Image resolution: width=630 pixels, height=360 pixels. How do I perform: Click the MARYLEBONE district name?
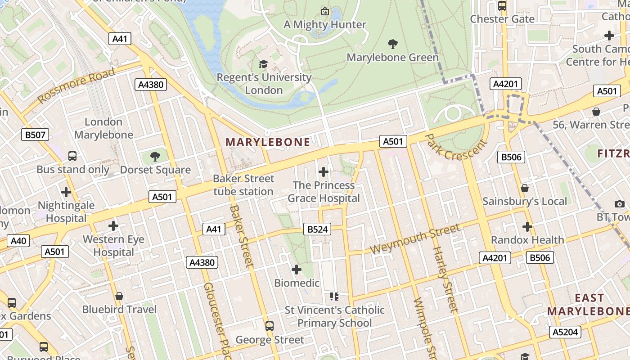[x=268, y=142]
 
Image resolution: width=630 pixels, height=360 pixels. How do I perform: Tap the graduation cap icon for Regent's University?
[x=263, y=64]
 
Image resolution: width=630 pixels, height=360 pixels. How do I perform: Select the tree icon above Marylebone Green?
[x=393, y=44]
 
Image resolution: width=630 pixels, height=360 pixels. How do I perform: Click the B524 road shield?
[x=317, y=229]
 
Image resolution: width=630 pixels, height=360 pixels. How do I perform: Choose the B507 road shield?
[x=35, y=134]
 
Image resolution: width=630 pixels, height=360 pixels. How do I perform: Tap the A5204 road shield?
[x=565, y=332]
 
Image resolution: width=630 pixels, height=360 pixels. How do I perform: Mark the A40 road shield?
[x=18, y=241]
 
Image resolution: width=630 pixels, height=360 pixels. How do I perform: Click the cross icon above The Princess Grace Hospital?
[x=323, y=172]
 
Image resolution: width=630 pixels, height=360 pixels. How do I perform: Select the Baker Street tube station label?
[x=243, y=185]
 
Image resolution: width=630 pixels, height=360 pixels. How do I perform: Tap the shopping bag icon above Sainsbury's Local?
[x=524, y=188]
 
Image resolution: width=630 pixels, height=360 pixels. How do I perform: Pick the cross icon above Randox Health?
[x=527, y=227]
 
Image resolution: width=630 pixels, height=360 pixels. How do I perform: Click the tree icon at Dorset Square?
[x=155, y=157]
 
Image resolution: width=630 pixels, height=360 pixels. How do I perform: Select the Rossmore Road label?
[x=76, y=85]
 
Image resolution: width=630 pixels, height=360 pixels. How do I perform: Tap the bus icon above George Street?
[x=270, y=326]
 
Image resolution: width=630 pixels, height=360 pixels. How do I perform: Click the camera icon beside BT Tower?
[x=619, y=204]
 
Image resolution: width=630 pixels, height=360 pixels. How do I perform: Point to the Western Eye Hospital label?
[x=113, y=246]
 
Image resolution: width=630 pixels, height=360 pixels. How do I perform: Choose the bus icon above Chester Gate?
[x=502, y=6]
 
